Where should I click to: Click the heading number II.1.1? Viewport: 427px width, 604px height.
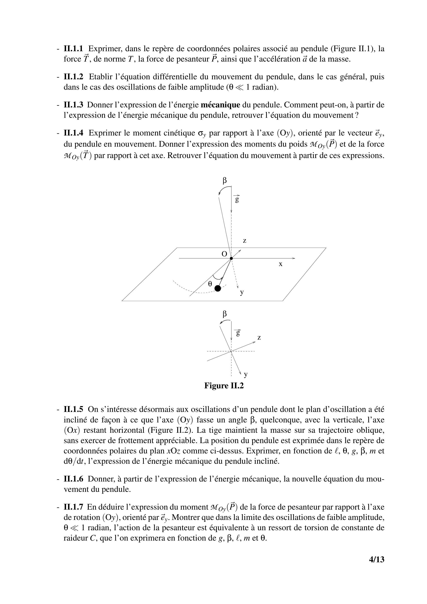tap(73, 49)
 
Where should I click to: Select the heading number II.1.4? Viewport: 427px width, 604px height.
tap(73, 133)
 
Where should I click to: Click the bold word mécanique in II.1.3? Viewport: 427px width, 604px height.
tap(220, 105)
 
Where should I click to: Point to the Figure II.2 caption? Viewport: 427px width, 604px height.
tap(224, 386)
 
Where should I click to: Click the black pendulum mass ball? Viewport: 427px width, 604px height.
tap(218, 288)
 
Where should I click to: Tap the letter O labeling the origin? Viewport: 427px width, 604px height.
tap(224, 254)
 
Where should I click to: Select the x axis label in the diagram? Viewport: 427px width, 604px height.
tap(281, 264)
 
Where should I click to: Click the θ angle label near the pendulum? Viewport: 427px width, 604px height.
tap(210, 284)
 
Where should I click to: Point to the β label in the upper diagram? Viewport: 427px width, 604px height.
tap(224, 181)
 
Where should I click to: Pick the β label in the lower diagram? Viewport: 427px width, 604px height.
tap(224, 314)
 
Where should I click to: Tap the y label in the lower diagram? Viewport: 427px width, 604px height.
tap(246, 374)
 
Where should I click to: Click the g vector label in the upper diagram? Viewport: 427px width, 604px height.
tap(237, 199)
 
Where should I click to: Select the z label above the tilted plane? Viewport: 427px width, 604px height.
tap(245, 240)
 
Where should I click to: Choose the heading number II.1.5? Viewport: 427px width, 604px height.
tap(73, 410)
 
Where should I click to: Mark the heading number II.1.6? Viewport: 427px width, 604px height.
tap(73, 479)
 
